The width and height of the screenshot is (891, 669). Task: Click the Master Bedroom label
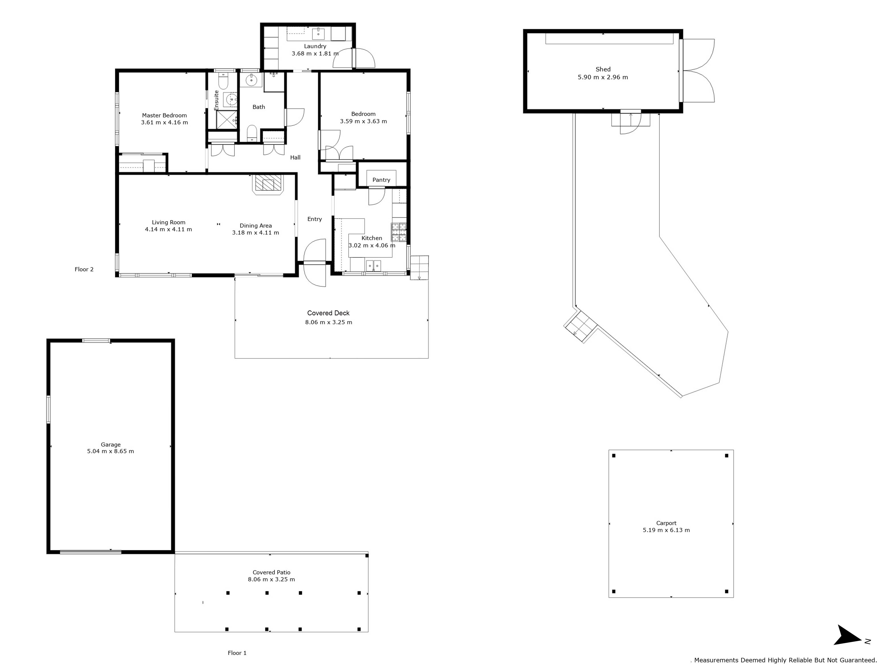[164, 115]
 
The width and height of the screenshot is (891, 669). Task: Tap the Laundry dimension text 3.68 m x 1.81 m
[315, 53]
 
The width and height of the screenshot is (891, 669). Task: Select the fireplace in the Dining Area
[268, 184]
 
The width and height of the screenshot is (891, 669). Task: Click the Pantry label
[381, 180]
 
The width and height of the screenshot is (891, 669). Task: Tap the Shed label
[603, 69]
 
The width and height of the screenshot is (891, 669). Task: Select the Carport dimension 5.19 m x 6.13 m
[666, 530]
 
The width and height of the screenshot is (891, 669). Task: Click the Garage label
[111, 444]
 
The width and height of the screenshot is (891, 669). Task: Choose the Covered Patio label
[272, 572]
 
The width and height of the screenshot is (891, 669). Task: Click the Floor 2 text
[84, 269]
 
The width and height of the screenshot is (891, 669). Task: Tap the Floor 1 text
[237, 653]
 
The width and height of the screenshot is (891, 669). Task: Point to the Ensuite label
[216, 100]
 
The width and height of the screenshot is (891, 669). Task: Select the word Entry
[315, 219]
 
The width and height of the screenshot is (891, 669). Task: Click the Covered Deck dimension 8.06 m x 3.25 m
[329, 322]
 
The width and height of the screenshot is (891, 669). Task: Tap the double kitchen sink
[373, 266]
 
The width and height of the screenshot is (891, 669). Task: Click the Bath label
[259, 107]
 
